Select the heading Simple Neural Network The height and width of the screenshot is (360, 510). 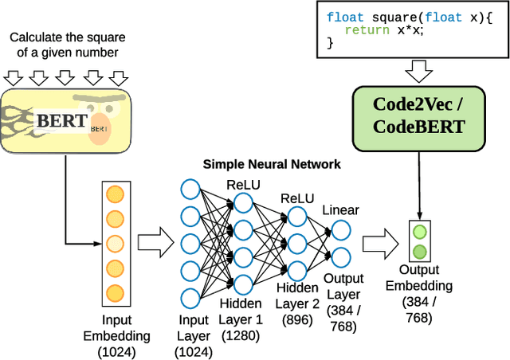272,164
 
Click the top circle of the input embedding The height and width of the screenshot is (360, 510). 116,194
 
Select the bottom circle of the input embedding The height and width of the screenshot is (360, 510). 116,292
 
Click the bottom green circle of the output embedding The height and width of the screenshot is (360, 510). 419,253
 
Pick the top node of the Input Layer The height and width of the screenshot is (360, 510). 190,189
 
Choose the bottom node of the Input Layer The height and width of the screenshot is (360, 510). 190,297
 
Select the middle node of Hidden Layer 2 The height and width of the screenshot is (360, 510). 296,241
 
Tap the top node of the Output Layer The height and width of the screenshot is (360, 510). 340,230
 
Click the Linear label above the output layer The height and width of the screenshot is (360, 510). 340,210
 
